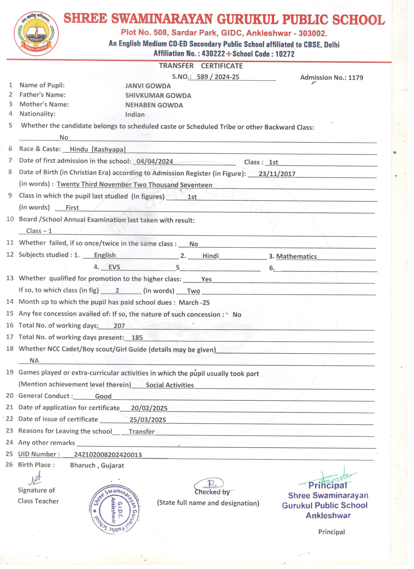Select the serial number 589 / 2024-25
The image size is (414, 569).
(x=218, y=77)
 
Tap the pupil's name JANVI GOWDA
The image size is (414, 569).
(x=148, y=86)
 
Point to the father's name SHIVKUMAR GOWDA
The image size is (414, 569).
(x=158, y=96)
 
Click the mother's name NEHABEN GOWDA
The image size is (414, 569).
(x=154, y=105)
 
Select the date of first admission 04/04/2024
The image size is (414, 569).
(x=155, y=161)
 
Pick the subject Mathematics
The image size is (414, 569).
(x=296, y=256)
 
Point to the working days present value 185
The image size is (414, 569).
(x=137, y=337)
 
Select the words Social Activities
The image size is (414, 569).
(x=170, y=385)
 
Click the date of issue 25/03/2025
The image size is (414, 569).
(x=148, y=420)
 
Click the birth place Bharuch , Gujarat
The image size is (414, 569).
(x=97, y=465)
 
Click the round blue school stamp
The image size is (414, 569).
(x=115, y=509)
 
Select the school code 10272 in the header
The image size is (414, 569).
(x=285, y=54)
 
